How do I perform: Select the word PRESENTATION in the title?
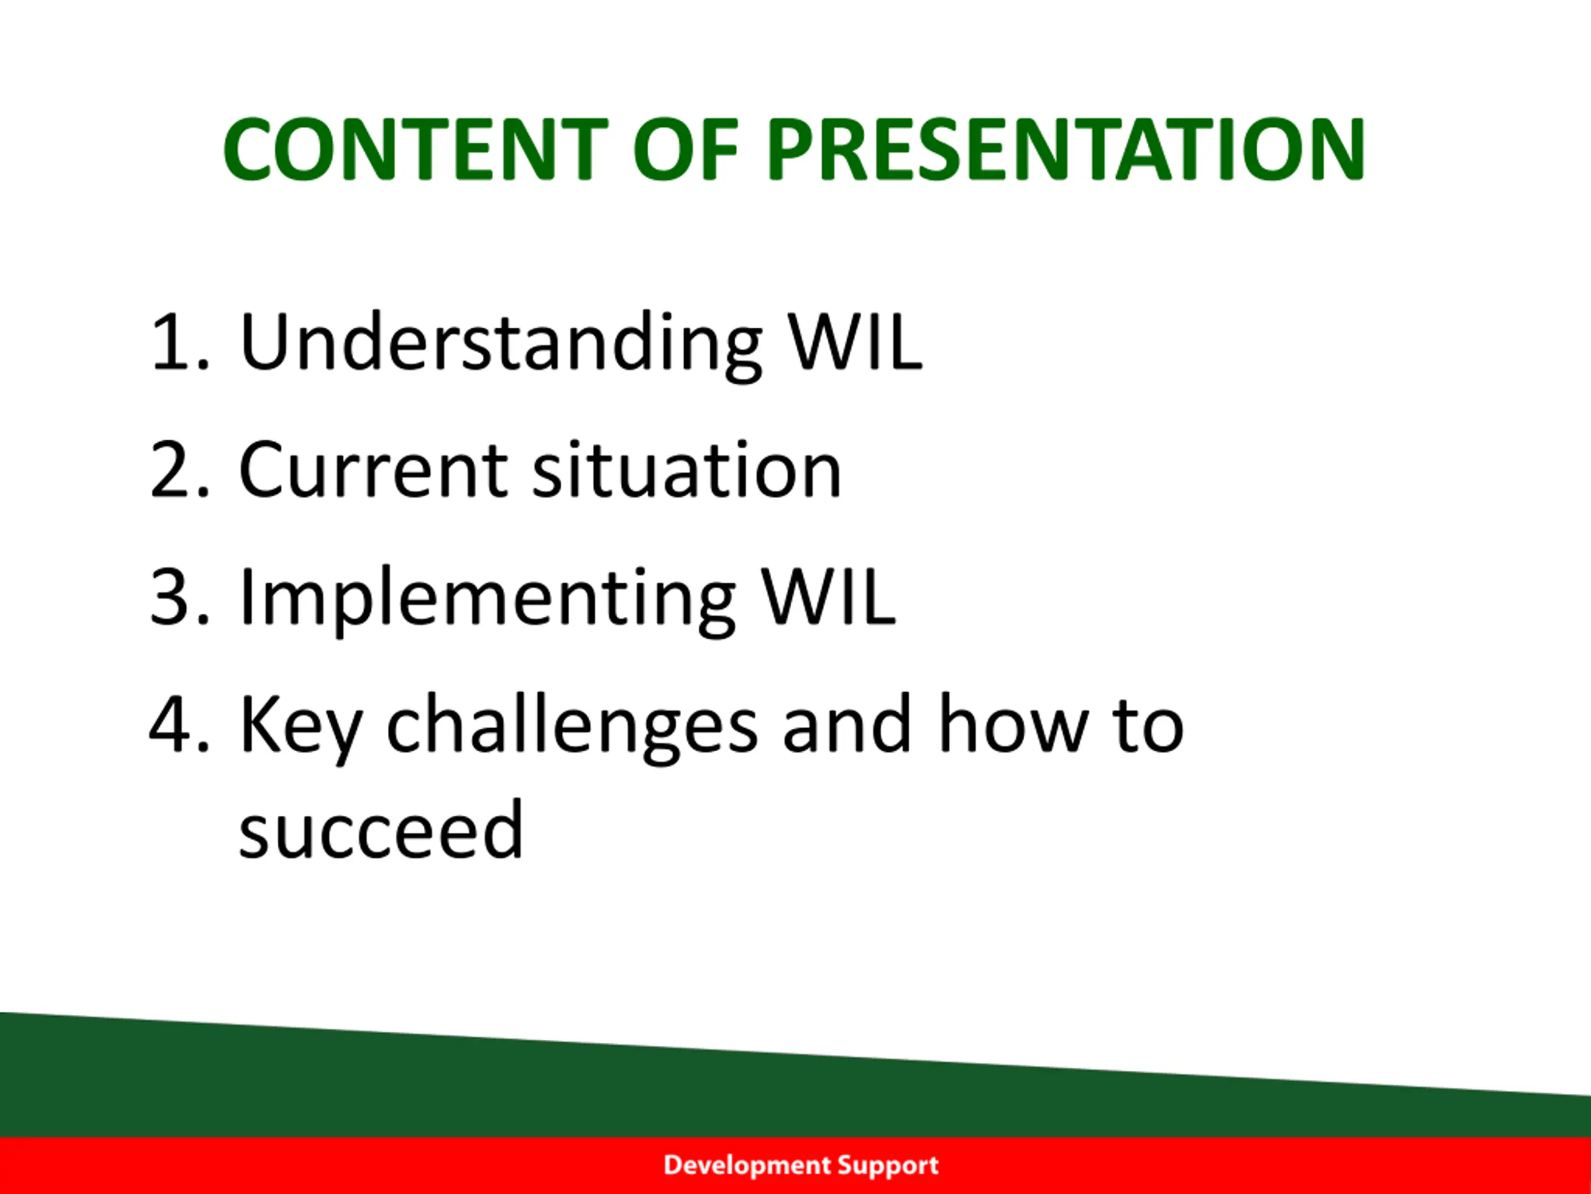1065,149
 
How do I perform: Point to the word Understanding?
500,346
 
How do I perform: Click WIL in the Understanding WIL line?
855,342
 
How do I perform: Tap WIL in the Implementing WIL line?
828,598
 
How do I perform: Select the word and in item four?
847,723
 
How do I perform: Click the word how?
1011,723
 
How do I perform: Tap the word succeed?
380,829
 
